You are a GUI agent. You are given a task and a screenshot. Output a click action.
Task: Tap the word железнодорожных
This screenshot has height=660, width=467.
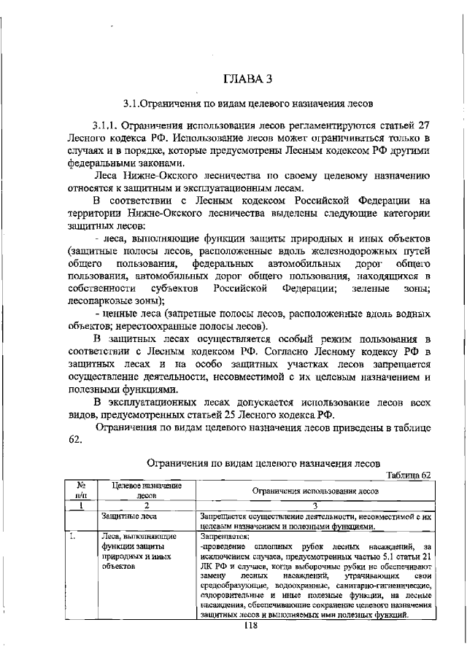pos(350,251)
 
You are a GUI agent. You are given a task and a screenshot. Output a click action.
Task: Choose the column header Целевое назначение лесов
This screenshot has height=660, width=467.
pos(142,490)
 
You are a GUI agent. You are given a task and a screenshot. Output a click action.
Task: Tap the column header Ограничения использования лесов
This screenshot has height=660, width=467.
pos(314,491)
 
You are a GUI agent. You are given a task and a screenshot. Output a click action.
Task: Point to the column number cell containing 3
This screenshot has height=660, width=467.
pos(314,504)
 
